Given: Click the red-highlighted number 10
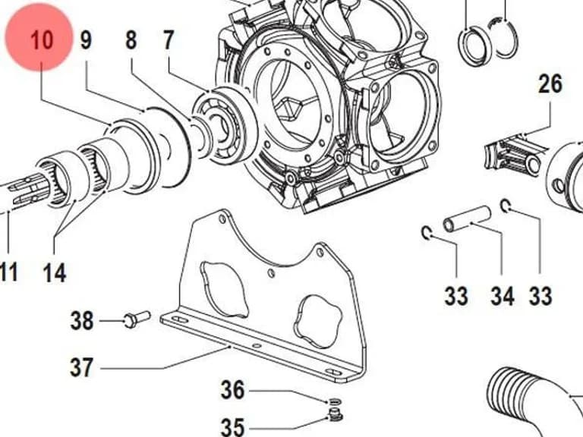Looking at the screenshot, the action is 42,39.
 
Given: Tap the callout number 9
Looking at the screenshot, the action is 86,39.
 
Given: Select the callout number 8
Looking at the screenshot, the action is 131,39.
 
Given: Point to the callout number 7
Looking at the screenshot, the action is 169,39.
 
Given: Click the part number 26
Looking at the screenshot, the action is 550,83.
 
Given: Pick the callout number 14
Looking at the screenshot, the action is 55,272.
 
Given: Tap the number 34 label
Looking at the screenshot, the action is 503,296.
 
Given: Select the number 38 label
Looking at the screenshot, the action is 82,321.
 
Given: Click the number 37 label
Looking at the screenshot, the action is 82,367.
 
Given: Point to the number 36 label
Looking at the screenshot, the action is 233,390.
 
